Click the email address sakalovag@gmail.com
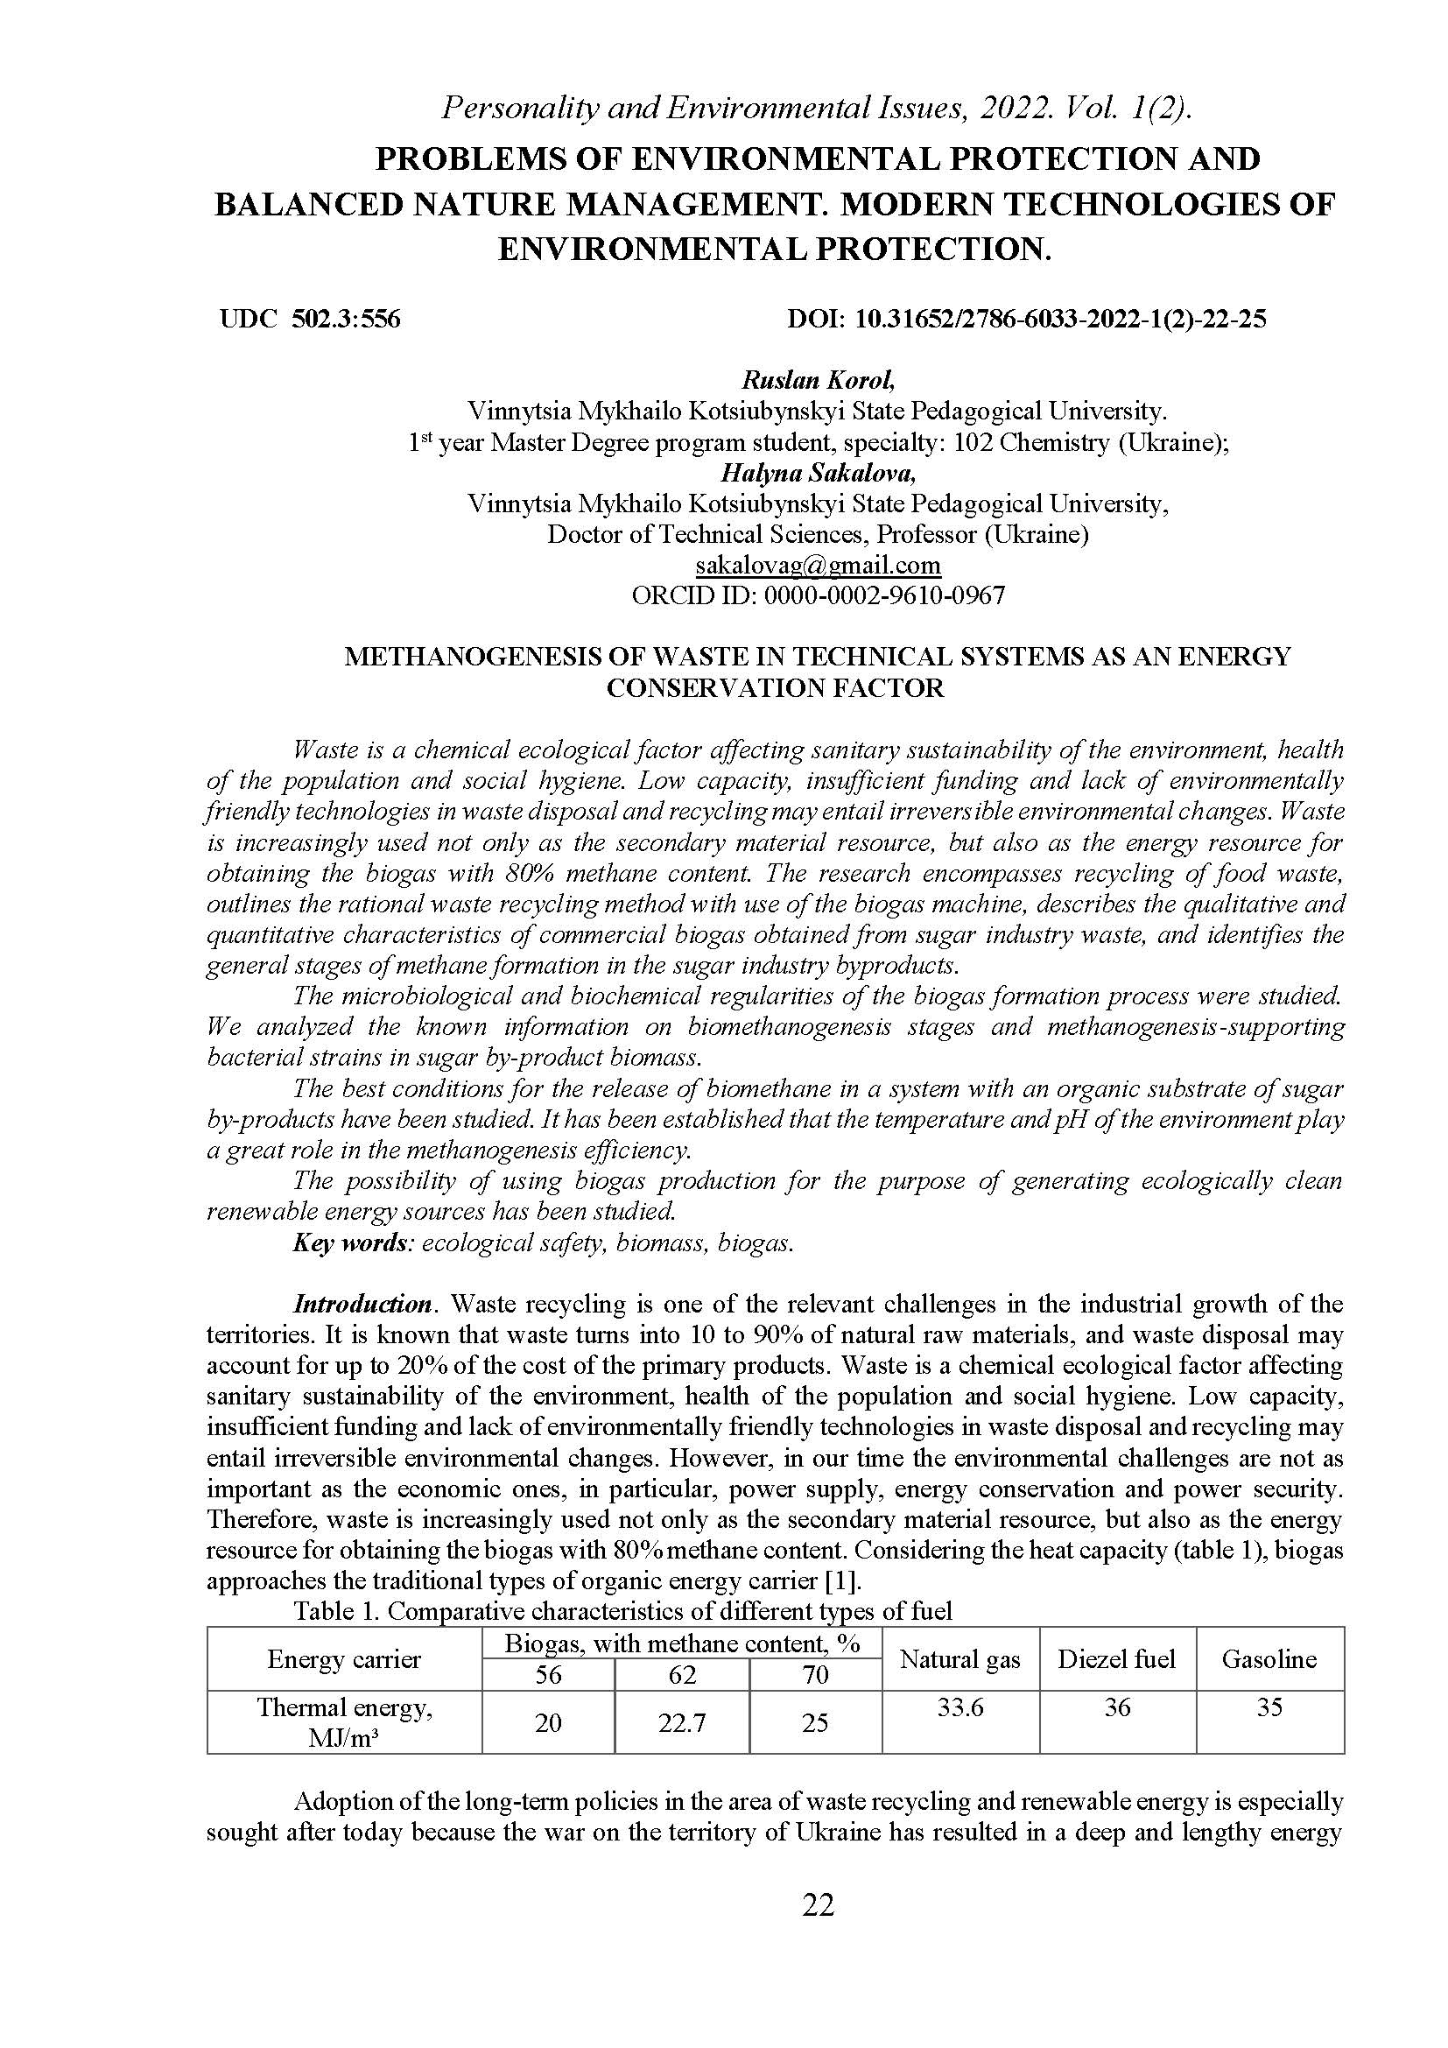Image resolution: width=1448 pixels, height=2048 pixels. tap(818, 565)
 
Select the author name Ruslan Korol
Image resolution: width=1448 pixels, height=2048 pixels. tap(818, 380)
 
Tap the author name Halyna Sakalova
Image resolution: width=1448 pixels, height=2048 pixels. tap(818, 473)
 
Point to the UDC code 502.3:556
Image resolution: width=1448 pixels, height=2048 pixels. tap(346, 319)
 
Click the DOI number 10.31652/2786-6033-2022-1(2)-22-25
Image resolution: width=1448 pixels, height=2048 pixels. tap(1060, 319)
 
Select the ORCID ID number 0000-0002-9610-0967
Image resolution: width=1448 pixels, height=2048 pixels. tap(880, 595)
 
